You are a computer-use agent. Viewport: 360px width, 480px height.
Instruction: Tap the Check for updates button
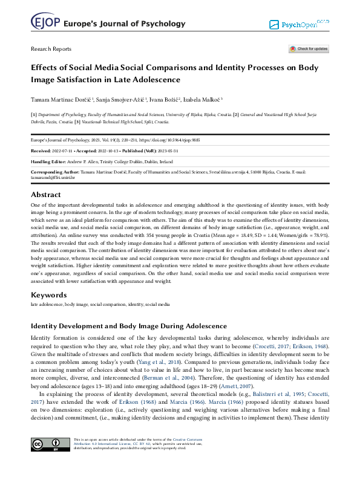click(309, 49)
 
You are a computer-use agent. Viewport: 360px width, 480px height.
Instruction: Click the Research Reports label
click(51, 49)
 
